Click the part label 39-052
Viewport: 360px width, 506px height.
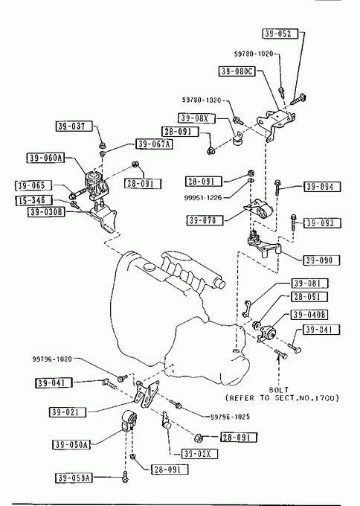coord(280,33)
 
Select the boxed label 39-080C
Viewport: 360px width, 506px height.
coord(237,71)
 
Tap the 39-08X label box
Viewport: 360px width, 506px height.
coord(196,118)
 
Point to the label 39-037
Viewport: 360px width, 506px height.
coord(74,126)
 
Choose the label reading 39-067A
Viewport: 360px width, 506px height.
coord(154,144)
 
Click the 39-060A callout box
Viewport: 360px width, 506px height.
coord(45,158)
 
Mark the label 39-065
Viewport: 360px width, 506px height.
coord(33,185)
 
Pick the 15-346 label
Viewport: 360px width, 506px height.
coord(33,200)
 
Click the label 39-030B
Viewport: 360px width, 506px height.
coord(46,212)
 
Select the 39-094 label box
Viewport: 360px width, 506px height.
coord(322,187)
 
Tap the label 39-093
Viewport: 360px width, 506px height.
coord(322,223)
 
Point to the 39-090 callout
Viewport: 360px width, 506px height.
coord(322,260)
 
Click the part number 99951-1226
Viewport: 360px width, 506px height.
coord(203,197)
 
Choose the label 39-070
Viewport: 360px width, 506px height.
coord(205,220)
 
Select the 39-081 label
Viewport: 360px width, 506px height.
coord(309,284)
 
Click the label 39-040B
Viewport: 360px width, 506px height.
coord(309,314)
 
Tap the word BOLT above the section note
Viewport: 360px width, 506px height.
coord(279,389)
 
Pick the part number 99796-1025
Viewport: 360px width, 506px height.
coord(230,417)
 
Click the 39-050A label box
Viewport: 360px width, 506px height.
coord(71,444)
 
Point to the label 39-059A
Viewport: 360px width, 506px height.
coord(74,478)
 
